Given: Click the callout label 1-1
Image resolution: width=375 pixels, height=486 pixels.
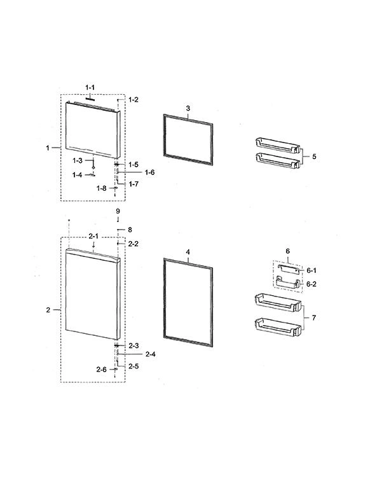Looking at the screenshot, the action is click(x=90, y=88).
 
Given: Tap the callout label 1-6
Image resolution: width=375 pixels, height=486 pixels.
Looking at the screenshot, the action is click(x=149, y=172).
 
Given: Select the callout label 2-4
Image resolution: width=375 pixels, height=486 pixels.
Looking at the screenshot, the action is click(x=150, y=354).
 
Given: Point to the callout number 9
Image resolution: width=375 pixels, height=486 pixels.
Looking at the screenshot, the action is click(x=118, y=211).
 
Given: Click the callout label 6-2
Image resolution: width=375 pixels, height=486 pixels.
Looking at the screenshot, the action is click(x=311, y=284).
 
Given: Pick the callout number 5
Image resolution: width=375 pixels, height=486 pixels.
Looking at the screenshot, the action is click(x=314, y=156).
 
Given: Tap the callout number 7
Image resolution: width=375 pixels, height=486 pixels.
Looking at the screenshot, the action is click(x=314, y=317).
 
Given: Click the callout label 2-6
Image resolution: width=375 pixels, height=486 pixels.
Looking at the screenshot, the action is click(x=101, y=370).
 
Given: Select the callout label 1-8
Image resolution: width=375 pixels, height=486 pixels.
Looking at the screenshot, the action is click(x=101, y=188).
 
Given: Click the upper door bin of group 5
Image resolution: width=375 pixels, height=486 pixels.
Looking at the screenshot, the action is click(x=278, y=146).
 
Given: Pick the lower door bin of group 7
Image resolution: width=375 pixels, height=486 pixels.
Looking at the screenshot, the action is click(x=278, y=328).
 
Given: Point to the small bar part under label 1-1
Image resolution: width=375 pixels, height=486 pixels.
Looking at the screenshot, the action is click(x=90, y=98).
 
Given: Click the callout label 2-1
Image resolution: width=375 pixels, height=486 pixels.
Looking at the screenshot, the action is click(x=93, y=236).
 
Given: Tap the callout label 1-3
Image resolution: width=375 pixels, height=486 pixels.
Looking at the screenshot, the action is click(x=78, y=160).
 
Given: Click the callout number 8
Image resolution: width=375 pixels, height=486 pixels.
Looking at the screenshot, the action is click(x=130, y=230).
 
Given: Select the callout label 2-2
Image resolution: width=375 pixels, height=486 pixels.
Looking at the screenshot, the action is click(x=133, y=244).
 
